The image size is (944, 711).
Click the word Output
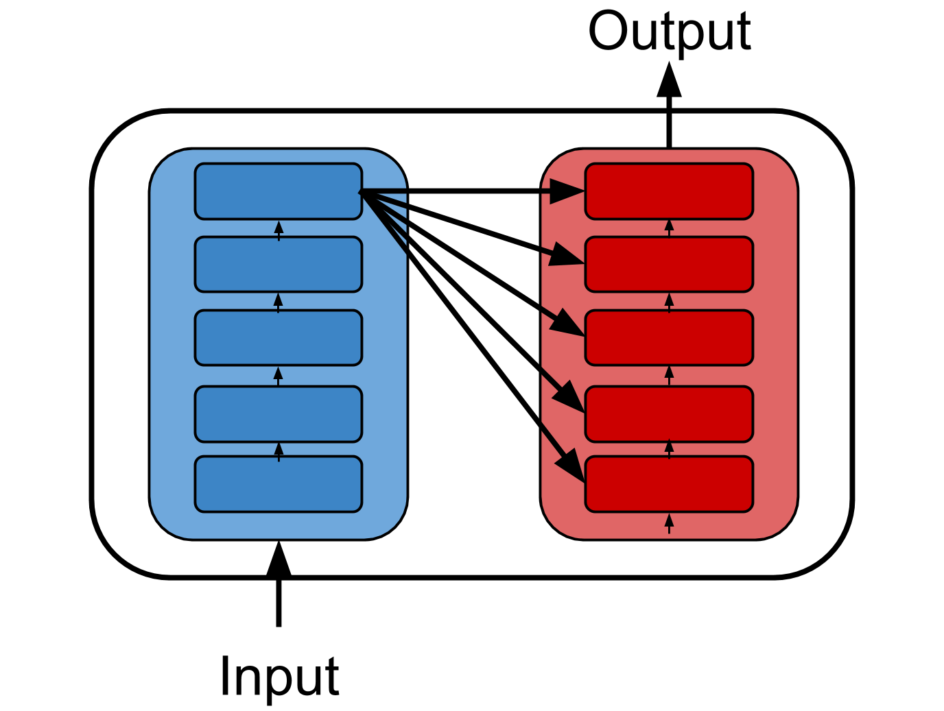coord(670,32)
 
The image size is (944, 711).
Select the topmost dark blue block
coord(279,191)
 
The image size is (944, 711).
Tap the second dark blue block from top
coord(279,264)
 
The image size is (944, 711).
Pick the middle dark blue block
coord(279,337)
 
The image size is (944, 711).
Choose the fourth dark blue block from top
coord(279,414)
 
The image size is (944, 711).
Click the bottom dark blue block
coord(279,484)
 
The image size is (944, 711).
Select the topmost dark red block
coord(669,191)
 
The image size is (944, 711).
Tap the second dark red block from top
coord(669,264)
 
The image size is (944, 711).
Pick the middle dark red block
coord(669,337)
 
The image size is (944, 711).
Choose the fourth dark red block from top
coord(669,414)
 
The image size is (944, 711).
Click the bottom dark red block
coord(669,484)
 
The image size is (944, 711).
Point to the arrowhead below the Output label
coord(670,80)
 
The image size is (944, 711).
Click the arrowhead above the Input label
coord(279,559)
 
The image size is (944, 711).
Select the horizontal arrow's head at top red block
coord(568,191)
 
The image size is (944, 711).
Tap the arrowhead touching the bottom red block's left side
coord(570,466)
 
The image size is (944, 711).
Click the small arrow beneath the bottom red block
coord(669,524)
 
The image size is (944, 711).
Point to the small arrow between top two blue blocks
coord(279,229)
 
